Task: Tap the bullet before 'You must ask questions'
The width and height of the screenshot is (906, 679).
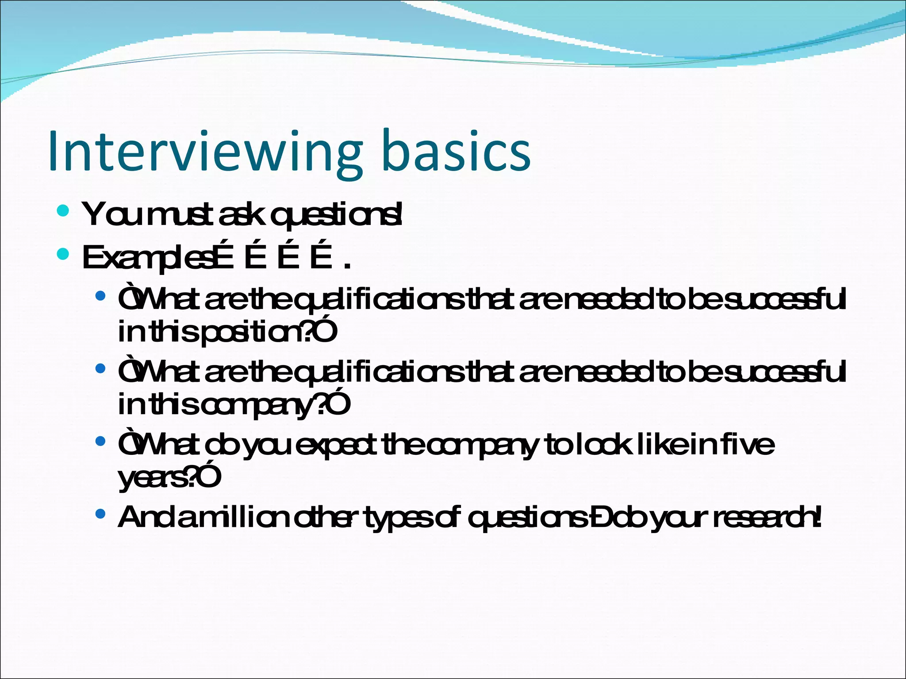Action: click(x=63, y=210)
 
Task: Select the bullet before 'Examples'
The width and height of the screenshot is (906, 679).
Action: click(x=63, y=254)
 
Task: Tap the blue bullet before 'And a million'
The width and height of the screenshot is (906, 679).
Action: click(x=100, y=514)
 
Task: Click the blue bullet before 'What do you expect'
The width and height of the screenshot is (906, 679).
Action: click(x=100, y=441)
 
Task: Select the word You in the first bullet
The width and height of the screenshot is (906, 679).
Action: click(x=106, y=215)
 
